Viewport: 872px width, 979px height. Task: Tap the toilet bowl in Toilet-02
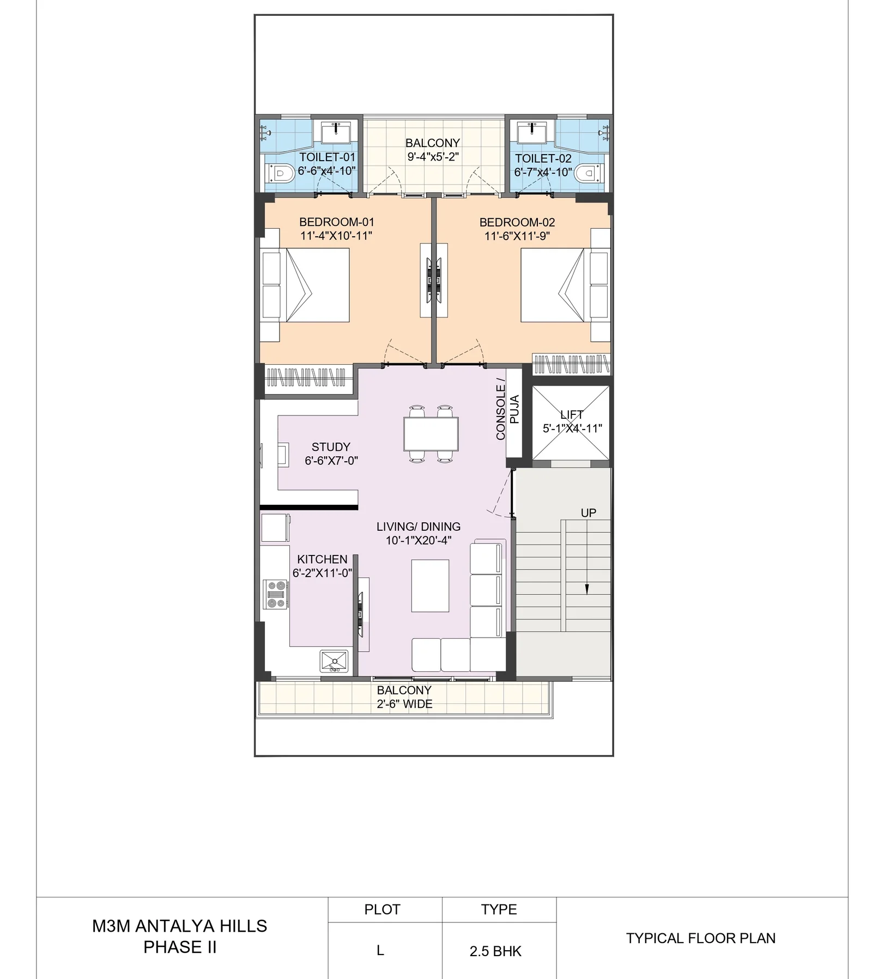click(x=589, y=173)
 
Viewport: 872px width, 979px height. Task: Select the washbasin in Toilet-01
click(x=335, y=132)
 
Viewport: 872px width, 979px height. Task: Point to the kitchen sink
click(x=334, y=661)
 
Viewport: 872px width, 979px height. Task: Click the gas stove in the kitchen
click(x=276, y=594)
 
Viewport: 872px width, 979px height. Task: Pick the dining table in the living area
click(x=431, y=434)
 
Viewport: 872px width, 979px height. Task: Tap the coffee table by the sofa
click(x=430, y=585)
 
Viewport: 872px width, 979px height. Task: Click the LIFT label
click(x=572, y=414)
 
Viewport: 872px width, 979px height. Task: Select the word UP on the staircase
click(x=589, y=513)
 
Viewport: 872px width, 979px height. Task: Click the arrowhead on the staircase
click(x=587, y=589)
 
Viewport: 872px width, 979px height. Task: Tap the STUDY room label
click(x=331, y=446)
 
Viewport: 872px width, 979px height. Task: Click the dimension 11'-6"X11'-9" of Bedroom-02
click(x=517, y=236)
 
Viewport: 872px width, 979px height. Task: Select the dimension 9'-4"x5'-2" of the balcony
click(x=433, y=157)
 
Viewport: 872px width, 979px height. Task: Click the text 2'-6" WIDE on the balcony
click(x=404, y=704)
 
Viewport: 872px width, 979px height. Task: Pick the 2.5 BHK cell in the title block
click(x=495, y=951)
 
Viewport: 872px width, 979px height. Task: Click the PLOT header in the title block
click(x=382, y=910)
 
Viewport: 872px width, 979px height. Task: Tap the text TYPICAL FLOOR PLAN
click(x=700, y=938)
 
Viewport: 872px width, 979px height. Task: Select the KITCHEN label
click(x=322, y=559)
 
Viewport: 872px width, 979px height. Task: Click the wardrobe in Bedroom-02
click(x=571, y=364)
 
